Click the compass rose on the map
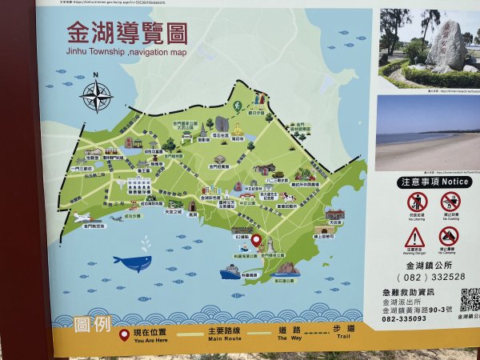click(x=97, y=97)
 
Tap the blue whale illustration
click(x=133, y=262)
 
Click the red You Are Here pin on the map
click(x=256, y=240)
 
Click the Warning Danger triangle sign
click(x=414, y=237)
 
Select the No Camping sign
click(x=449, y=237)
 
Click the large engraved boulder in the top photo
click(x=447, y=46)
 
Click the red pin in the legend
click(x=124, y=336)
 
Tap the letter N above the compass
click(x=96, y=77)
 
